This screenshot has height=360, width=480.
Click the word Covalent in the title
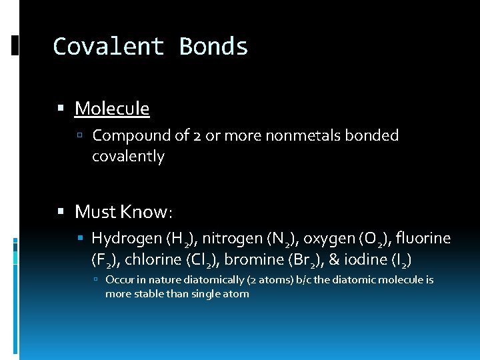click(x=109, y=47)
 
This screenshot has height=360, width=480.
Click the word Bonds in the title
click(x=213, y=47)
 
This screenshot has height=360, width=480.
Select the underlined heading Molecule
click(x=112, y=108)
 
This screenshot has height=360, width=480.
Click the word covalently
click(x=128, y=157)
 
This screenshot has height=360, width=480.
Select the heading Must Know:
click(x=124, y=212)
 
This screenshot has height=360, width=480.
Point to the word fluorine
click(x=423, y=239)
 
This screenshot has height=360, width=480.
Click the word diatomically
click(x=224, y=280)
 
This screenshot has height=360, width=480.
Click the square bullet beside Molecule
click(x=61, y=108)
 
